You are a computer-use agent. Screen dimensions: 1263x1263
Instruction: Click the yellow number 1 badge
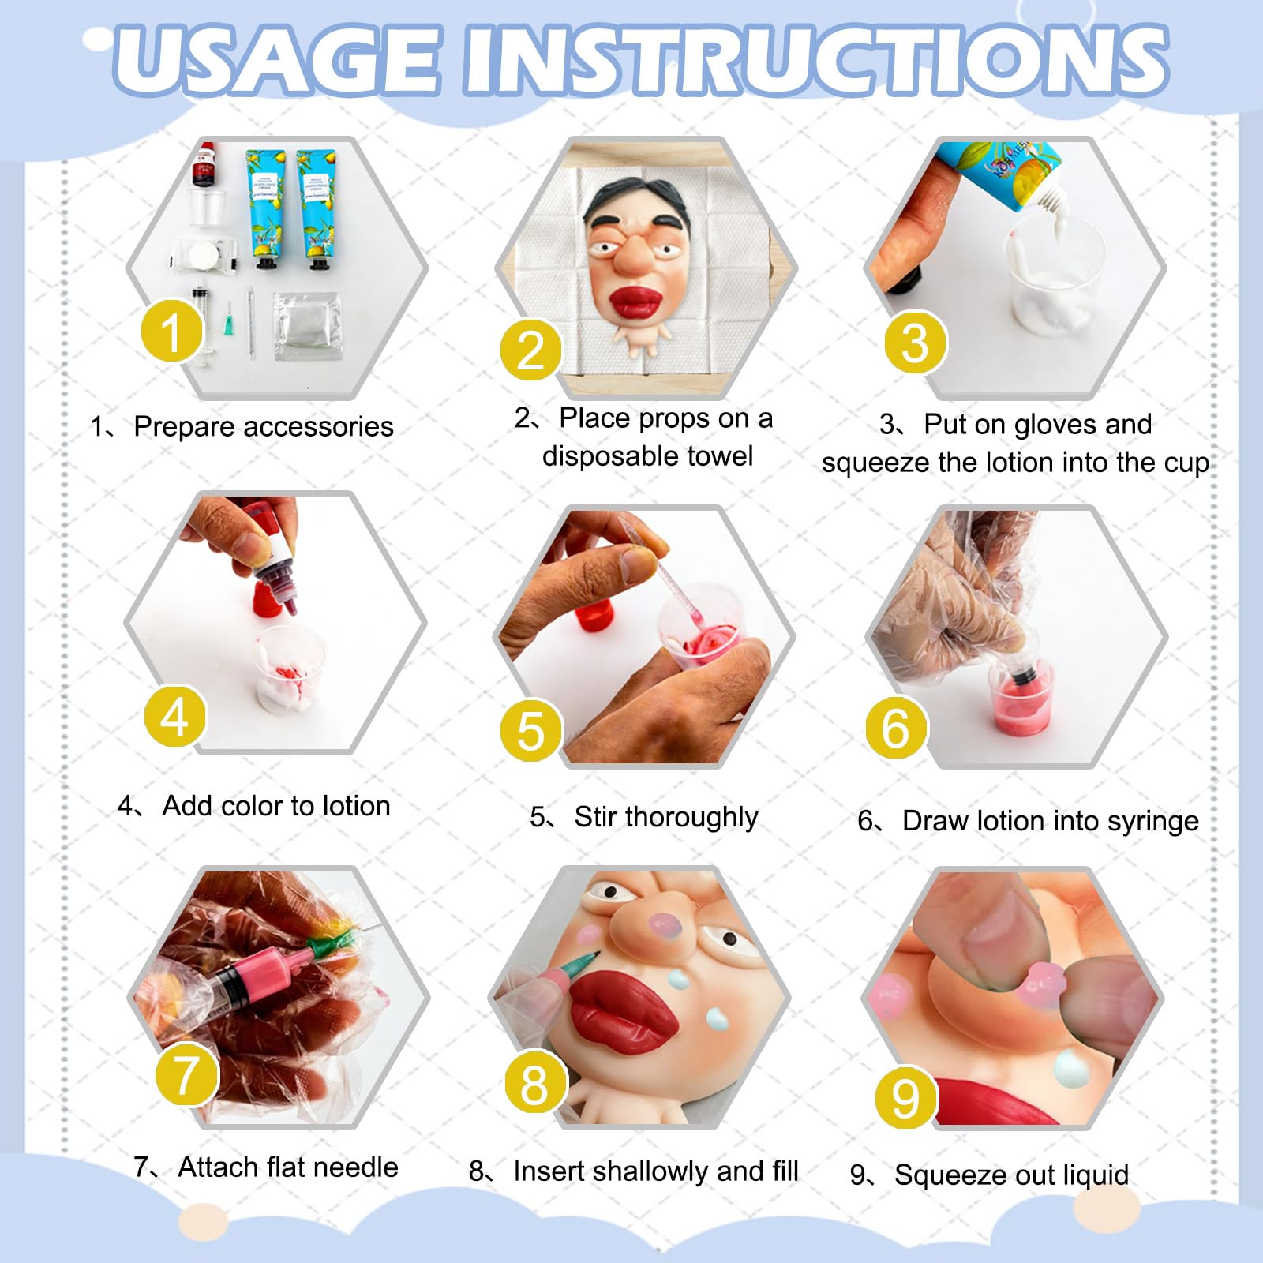tap(171, 331)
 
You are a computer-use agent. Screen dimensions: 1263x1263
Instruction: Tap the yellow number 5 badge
tap(530, 729)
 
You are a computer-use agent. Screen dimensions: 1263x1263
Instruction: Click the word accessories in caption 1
tap(319, 427)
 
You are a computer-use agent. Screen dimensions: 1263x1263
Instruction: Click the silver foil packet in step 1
tap(306, 325)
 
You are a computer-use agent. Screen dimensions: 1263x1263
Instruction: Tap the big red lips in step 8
tap(624, 1013)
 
